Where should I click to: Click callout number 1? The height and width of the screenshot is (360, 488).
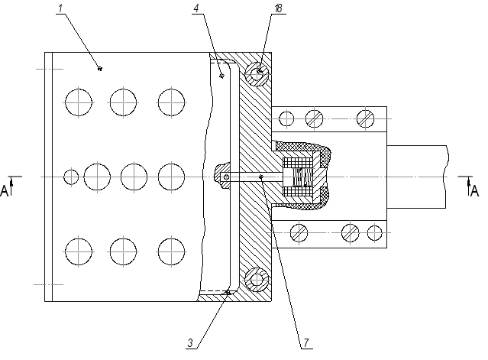(x=60, y=8)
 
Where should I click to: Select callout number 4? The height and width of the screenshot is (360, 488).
(x=196, y=8)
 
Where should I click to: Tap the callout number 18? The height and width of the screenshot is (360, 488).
(x=278, y=8)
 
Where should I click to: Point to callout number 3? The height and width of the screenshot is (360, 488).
(x=190, y=343)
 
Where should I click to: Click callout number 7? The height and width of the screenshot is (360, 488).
(x=306, y=343)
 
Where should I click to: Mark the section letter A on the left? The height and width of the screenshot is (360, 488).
(x=4, y=191)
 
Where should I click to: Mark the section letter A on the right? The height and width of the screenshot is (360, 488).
(x=474, y=191)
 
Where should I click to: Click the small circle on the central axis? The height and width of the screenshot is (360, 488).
(x=71, y=177)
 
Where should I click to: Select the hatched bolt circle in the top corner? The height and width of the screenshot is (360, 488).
(x=257, y=74)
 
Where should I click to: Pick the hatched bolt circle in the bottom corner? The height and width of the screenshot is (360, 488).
(x=257, y=280)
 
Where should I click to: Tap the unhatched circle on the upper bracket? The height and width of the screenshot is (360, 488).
(x=286, y=118)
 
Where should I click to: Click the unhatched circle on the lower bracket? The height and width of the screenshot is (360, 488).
(x=374, y=232)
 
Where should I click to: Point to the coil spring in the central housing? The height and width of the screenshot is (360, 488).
(x=303, y=177)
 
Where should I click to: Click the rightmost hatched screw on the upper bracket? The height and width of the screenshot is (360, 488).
(x=365, y=118)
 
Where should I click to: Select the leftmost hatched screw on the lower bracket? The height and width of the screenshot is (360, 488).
(x=299, y=232)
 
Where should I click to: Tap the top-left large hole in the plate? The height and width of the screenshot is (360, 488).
(x=79, y=102)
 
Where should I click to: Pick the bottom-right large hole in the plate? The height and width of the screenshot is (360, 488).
(x=171, y=251)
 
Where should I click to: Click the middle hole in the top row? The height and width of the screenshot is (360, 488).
(x=123, y=102)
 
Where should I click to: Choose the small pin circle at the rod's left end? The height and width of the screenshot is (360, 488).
(x=227, y=177)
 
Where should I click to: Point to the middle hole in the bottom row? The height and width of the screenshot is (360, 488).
(x=123, y=251)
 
